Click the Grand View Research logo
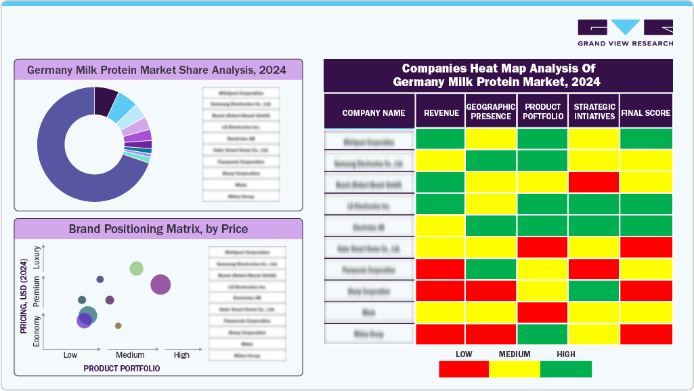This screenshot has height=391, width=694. [625, 33]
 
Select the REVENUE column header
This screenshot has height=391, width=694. [441, 113]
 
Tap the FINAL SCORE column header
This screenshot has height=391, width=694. [645, 113]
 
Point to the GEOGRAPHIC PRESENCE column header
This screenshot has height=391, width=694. [491, 111]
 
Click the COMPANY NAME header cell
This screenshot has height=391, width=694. [374, 113]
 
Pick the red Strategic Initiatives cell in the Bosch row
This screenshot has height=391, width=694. [594, 182]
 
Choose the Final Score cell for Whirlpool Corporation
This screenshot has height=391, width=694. [646, 139]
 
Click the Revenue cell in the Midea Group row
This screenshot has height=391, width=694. [440, 334]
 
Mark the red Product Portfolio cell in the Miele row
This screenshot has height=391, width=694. [542, 312]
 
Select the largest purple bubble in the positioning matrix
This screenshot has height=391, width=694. [160, 285]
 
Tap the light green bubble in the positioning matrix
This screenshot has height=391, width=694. [136, 268]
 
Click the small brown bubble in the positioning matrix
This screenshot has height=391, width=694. [118, 326]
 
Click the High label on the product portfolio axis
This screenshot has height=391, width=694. [181, 355]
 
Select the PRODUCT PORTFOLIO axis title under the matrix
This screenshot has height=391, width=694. [122, 369]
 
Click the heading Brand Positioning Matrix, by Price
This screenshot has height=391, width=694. [158, 229]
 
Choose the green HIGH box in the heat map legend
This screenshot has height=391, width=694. [566, 369]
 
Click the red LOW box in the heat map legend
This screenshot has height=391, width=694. [464, 369]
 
